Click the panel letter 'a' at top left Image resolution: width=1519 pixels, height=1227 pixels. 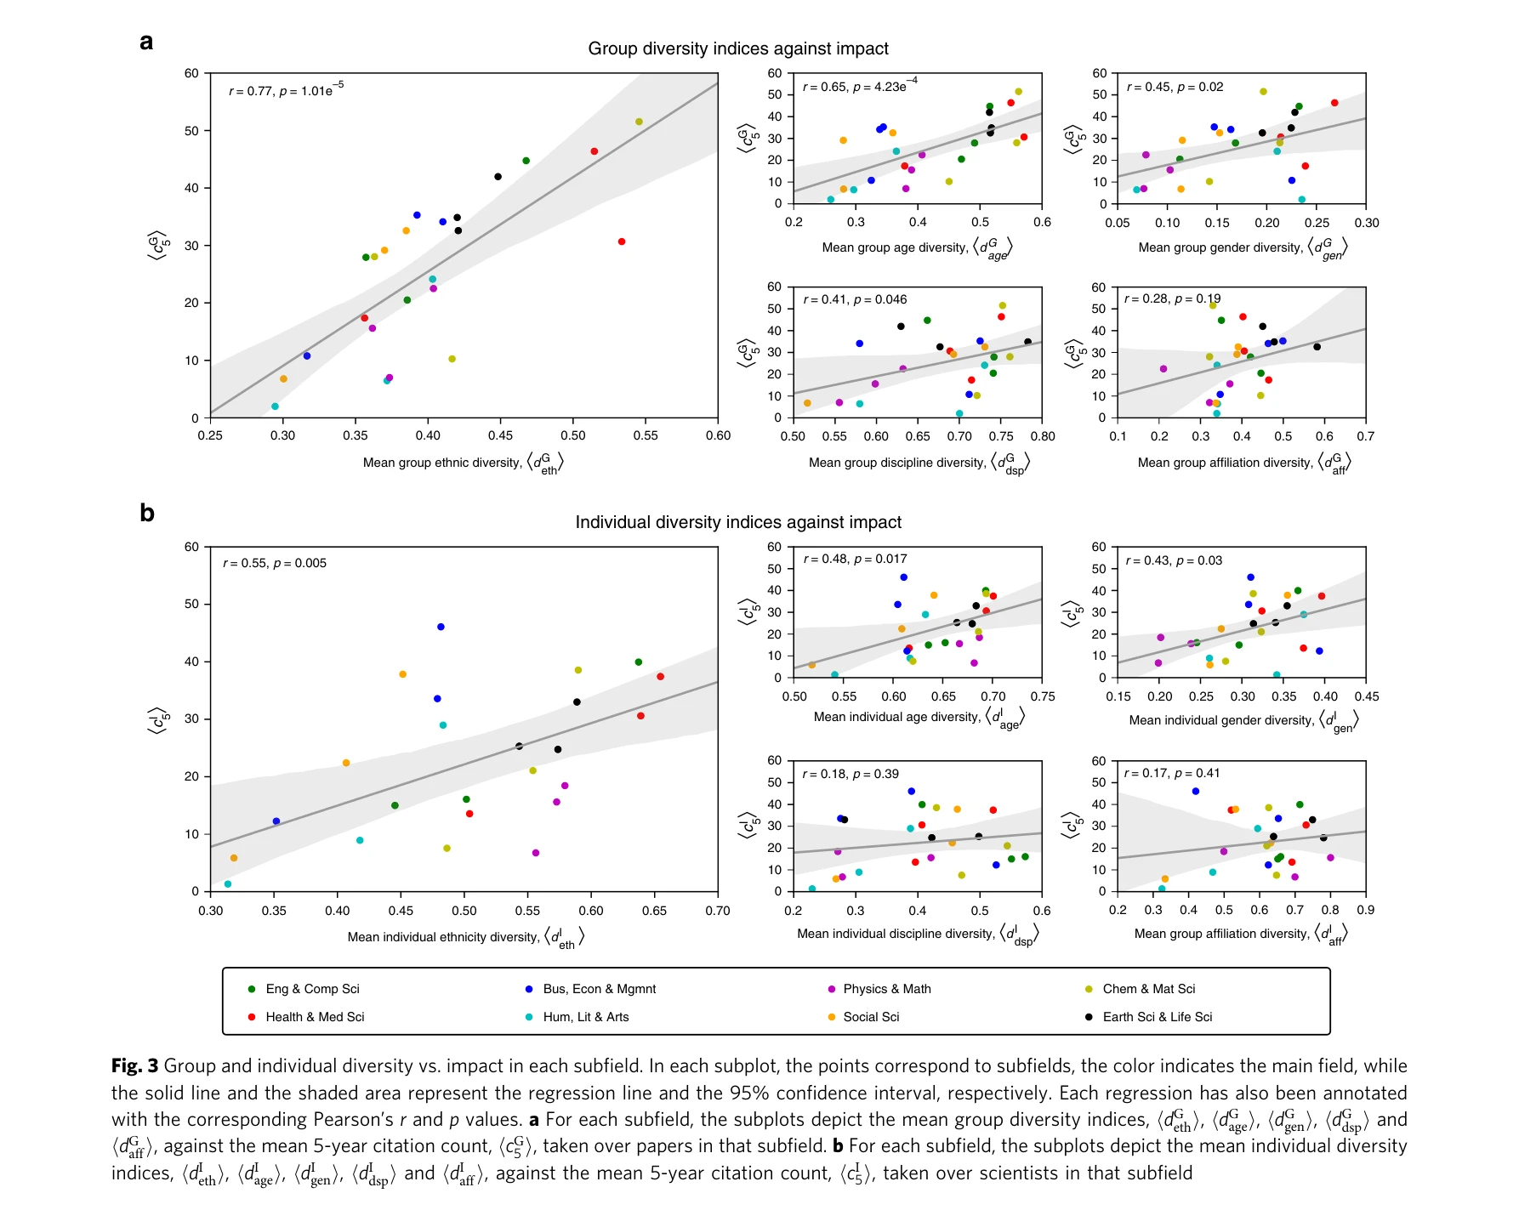pyautogui.click(x=146, y=43)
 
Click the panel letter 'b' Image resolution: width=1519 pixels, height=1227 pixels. pyautogui.click(x=146, y=513)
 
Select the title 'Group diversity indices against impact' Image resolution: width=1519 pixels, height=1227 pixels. pyautogui.click(x=737, y=48)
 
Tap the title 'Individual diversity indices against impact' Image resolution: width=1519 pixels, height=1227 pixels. pyautogui.click(x=737, y=522)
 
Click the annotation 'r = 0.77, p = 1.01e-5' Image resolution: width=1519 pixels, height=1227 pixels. pyautogui.click(x=286, y=90)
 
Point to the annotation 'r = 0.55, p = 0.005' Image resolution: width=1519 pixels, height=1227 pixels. pyautogui.click(x=275, y=563)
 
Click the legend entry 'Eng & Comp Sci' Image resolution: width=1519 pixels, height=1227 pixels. pyautogui.click(x=312, y=989)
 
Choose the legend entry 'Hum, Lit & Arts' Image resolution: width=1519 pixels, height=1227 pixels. pyautogui.click(x=585, y=1017)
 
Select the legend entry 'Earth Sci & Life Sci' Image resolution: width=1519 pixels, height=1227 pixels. pyautogui.click(x=1157, y=1017)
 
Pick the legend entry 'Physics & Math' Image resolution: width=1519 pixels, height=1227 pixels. pyautogui.click(x=886, y=989)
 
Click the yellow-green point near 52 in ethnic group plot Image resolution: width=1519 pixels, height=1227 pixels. pyautogui.click(x=639, y=122)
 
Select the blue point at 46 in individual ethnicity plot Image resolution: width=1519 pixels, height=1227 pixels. pyautogui.click(x=441, y=627)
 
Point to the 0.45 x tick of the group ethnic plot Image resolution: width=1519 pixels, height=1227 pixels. pyautogui.click(x=500, y=435)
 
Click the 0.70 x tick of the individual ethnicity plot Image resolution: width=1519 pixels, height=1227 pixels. pyautogui.click(x=717, y=911)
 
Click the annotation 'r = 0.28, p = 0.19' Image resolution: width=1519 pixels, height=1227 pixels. pyautogui.click(x=1172, y=298)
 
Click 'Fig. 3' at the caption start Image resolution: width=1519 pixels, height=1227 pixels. pyautogui.click(x=134, y=1066)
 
